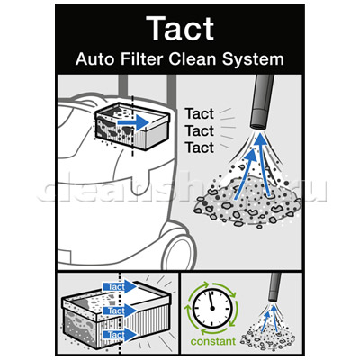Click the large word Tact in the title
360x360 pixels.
coord(180,28)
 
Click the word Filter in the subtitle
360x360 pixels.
coord(142,59)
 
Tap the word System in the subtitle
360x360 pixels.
coord(253,59)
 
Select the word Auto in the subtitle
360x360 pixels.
coord(95,59)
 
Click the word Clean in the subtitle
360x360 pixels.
coord(193,59)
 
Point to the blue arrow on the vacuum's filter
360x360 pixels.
coord(133,122)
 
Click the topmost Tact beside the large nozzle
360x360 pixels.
coord(200,113)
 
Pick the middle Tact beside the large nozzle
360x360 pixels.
coord(200,130)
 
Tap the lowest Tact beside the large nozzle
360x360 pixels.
coord(200,148)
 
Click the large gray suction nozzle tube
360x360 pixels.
coord(263,102)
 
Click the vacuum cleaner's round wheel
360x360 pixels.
coord(178,249)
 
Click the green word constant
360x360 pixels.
coord(213,341)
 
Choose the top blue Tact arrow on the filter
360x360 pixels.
coord(120,286)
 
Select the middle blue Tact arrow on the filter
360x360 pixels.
coord(120,310)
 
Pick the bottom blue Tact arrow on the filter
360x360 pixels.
coord(120,335)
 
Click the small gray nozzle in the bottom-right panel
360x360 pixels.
coord(274,287)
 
